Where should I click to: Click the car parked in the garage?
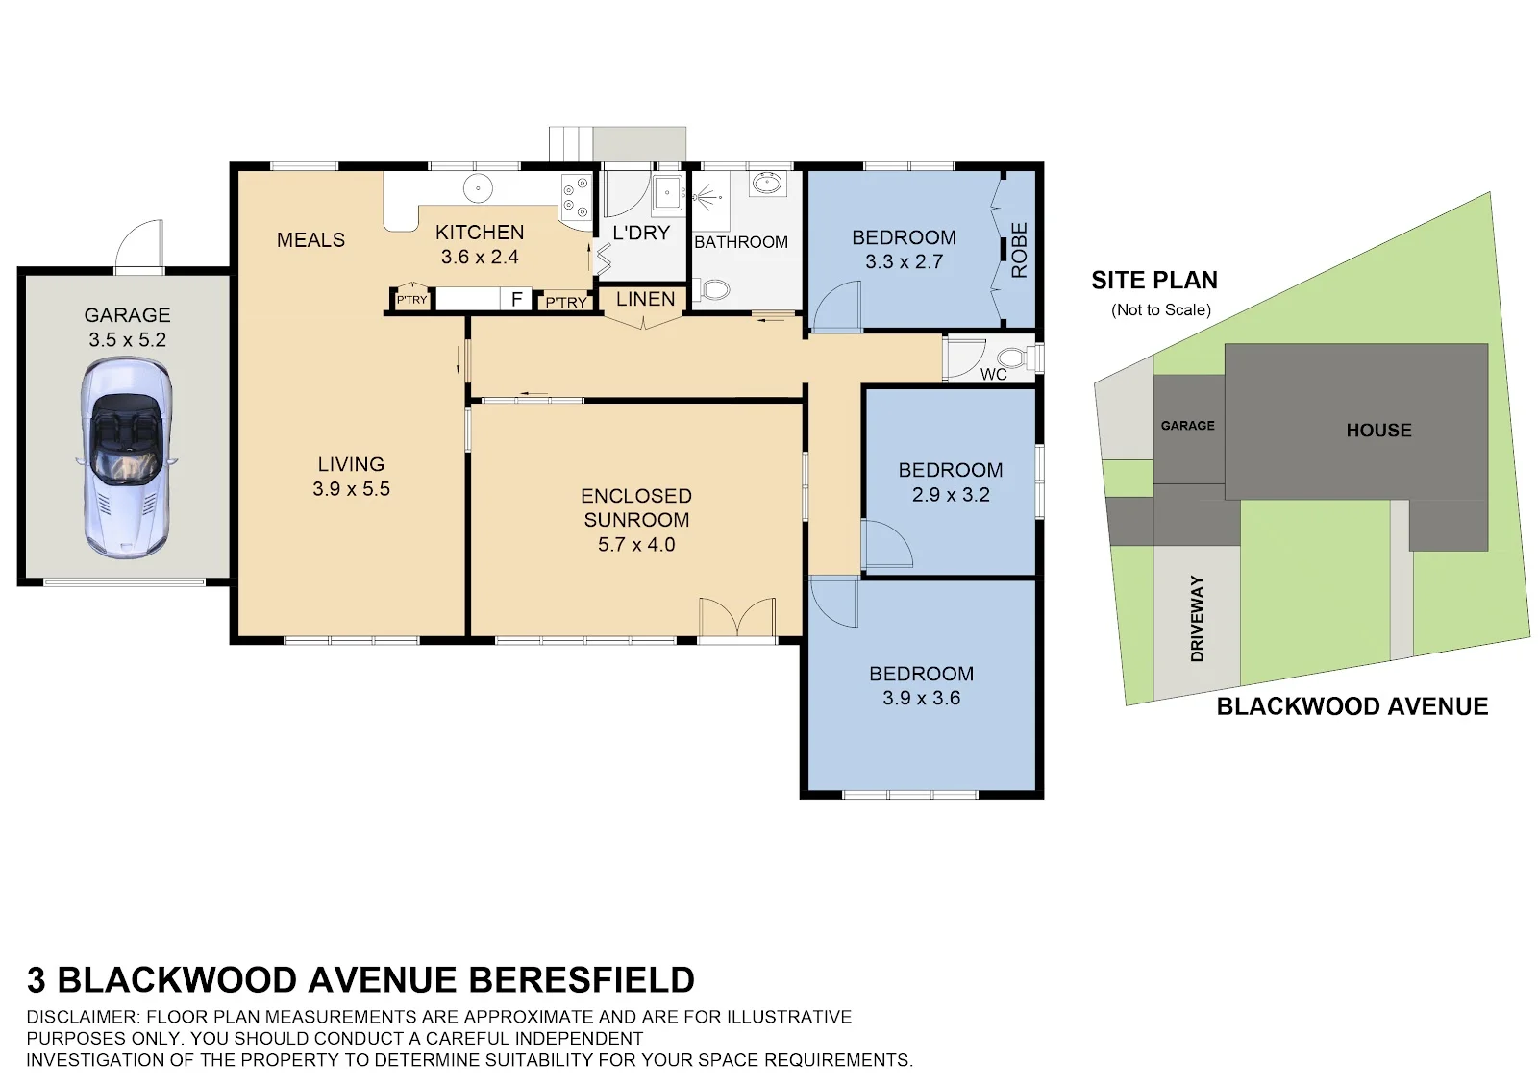[126, 457]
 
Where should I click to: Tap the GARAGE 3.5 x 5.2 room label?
[127, 327]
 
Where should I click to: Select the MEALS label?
[310, 239]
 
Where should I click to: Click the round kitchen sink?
[478, 188]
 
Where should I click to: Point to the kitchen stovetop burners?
[576, 194]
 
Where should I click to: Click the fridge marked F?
[517, 299]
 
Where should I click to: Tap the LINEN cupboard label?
[645, 299]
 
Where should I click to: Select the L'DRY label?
[640, 233]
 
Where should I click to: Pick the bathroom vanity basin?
[765, 184]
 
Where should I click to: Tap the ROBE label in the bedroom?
[1020, 250]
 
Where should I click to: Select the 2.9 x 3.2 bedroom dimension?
[951, 495]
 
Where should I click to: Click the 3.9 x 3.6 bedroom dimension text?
[922, 698]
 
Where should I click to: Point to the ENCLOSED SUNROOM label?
[636, 507]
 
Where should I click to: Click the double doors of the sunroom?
[737, 616]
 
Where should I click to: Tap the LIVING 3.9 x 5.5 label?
[351, 477]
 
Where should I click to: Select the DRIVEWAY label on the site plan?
[1197, 618]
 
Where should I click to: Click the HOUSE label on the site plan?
[1378, 431]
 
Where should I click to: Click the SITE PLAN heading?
[1154, 280]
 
